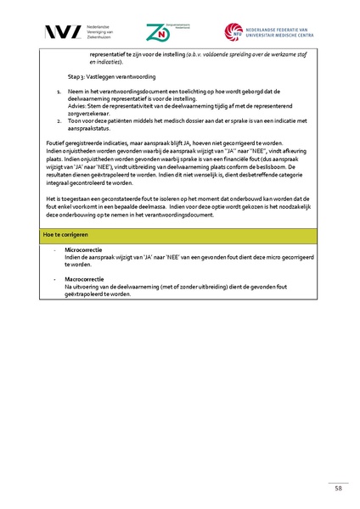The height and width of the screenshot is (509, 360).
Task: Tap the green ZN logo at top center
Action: pyautogui.click(x=157, y=32)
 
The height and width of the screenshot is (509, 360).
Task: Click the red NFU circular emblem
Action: pyautogui.click(x=233, y=32)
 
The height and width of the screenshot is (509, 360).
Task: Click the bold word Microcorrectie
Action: pyautogui.click(x=83, y=250)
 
